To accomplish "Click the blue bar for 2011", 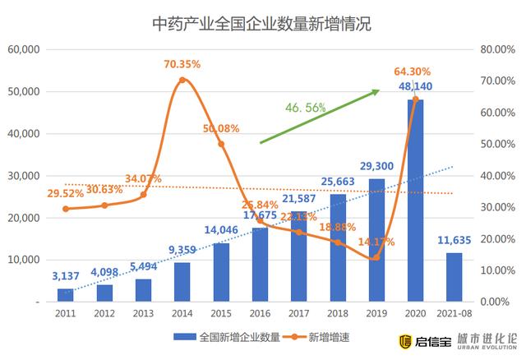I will (65, 295).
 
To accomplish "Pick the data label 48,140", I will (416, 85).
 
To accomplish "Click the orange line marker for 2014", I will (182, 80).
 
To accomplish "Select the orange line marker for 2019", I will (376, 257).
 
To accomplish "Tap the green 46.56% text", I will (306, 108).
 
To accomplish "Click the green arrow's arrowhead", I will (376, 91).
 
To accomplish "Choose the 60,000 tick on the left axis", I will (24, 49).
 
